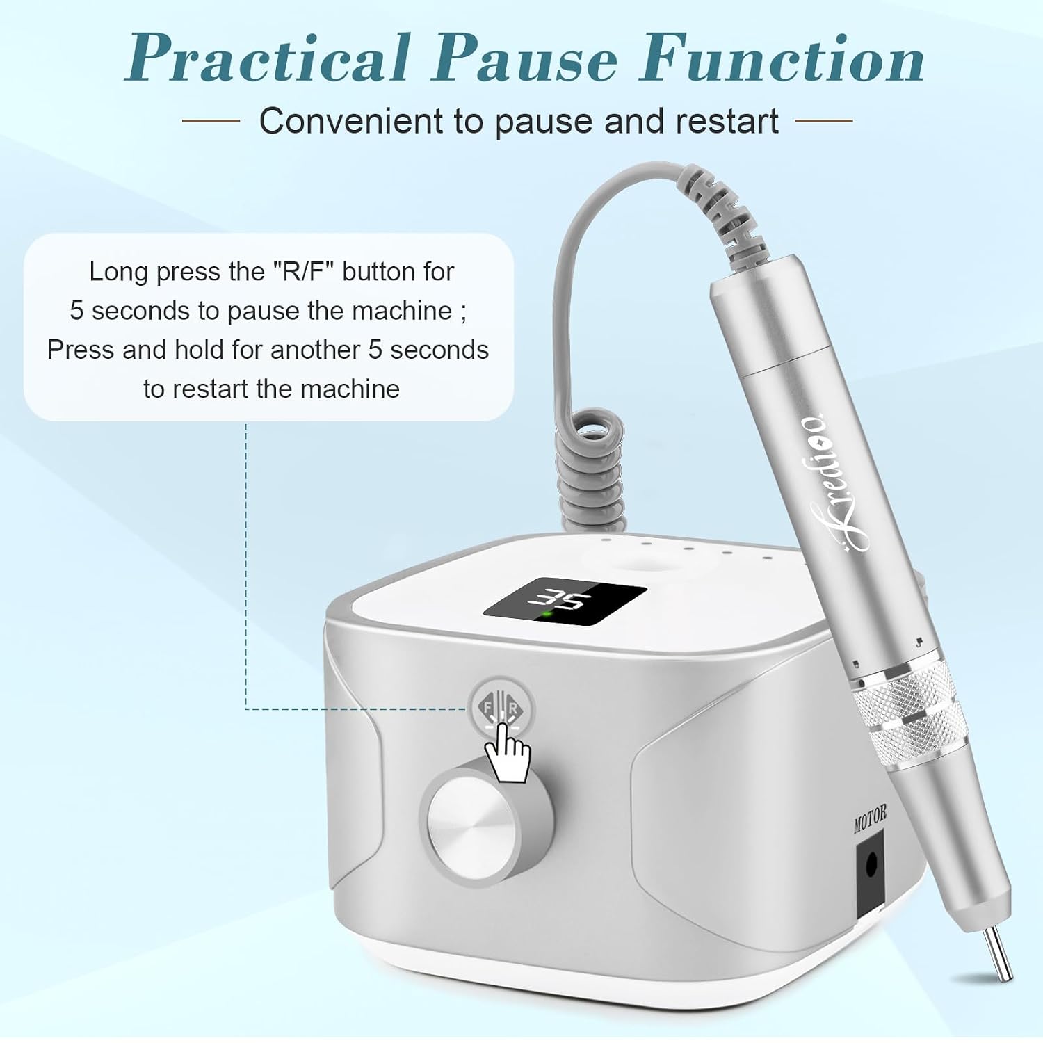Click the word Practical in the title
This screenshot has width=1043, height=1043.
(x=268, y=58)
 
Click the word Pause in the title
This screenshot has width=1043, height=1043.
(x=525, y=58)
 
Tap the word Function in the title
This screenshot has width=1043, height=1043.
(x=783, y=58)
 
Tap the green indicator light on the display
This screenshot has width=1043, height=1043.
(x=547, y=614)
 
